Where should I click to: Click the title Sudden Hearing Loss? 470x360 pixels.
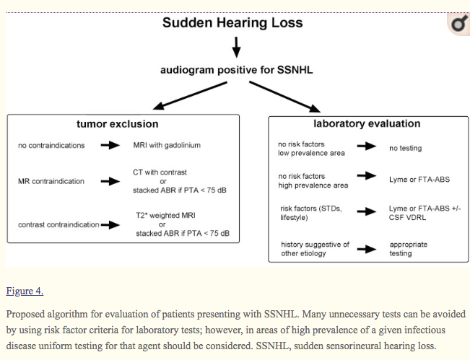pyautogui.click(x=232, y=22)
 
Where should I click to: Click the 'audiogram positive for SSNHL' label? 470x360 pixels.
pyautogui.click(x=236, y=70)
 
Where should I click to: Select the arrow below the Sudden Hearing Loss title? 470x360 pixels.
pyautogui.click(x=236, y=47)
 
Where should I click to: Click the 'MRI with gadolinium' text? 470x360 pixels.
pyautogui.click(x=167, y=145)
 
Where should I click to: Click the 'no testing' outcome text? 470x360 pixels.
pyautogui.click(x=405, y=149)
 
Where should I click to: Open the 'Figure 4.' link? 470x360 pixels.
pyautogui.click(x=25, y=291)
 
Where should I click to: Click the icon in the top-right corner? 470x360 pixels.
pyautogui.click(x=458, y=25)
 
